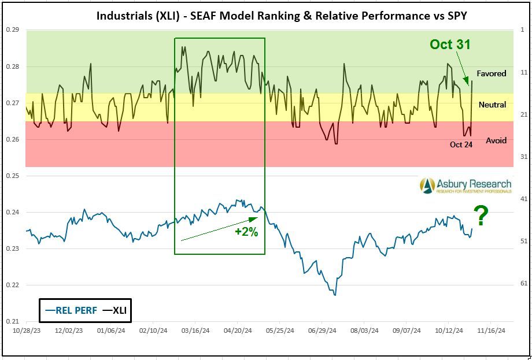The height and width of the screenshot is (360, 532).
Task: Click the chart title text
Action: (282, 16)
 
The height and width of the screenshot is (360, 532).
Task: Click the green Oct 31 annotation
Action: (450, 44)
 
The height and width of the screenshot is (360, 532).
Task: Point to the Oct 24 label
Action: (461, 144)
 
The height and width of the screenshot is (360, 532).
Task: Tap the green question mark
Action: (481, 217)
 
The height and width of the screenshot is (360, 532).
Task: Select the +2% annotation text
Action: (246, 231)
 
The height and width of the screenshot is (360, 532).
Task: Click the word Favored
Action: (491, 73)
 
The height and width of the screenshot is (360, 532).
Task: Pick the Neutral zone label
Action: (492, 105)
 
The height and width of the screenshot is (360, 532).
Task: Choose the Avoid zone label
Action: (496, 140)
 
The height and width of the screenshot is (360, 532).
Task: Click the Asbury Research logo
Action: (466, 185)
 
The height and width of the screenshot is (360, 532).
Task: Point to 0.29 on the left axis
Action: (13, 30)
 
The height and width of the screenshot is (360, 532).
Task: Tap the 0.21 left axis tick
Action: (13, 321)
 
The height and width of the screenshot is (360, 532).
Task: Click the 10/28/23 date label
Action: (27, 331)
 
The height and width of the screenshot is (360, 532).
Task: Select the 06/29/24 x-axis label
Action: (323, 331)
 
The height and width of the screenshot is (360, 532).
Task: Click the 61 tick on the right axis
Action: (523, 283)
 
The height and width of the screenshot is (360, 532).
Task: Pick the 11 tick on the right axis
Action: (523, 72)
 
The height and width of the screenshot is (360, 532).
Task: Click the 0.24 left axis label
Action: (13, 212)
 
